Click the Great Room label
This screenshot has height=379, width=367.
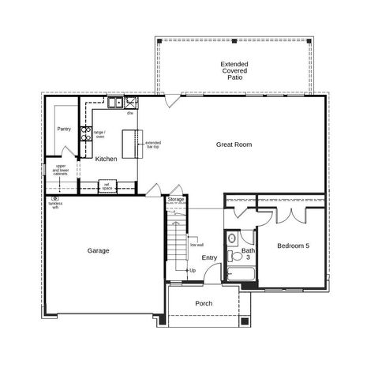tap(234, 144)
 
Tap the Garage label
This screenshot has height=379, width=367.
tap(98, 250)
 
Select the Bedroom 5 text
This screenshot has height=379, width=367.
tap(293, 246)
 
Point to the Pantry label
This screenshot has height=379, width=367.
tap(64, 129)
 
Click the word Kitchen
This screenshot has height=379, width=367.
tap(106, 159)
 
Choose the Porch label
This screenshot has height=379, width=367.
tap(204, 303)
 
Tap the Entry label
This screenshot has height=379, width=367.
tap(209, 257)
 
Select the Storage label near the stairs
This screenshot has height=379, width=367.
tap(176, 200)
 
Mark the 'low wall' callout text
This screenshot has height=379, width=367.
tap(197, 245)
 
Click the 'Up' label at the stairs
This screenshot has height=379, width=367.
tap(193, 271)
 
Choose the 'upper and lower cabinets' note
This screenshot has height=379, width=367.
tap(61, 171)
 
